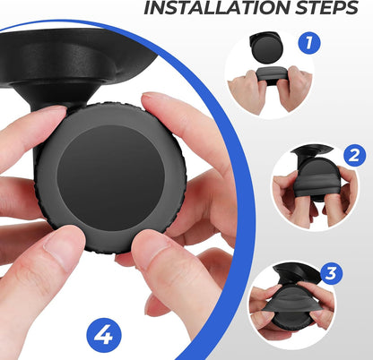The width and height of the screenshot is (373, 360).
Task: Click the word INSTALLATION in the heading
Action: pyautogui.click(x=217, y=7)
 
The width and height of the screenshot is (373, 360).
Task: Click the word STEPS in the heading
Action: pyautogui.click(x=326, y=7)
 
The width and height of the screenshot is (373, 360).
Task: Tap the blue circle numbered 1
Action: pyautogui.click(x=309, y=43)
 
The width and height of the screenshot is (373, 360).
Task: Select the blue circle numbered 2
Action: pyautogui.click(x=354, y=155)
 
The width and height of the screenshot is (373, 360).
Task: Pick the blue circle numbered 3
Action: pyautogui.click(x=332, y=273)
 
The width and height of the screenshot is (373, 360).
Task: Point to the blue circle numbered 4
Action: pyautogui.click(x=104, y=335)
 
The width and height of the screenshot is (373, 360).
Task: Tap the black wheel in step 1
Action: pyautogui.click(x=266, y=47)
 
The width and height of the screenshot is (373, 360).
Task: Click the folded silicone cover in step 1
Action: pyautogui.click(x=273, y=76)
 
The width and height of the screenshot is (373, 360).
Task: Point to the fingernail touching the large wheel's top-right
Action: pyautogui.click(x=154, y=96)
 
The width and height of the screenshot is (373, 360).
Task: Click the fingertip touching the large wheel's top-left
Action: pyautogui.click(x=56, y=112)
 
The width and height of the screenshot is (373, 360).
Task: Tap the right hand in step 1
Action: pyautogui.click(x=296, y=87)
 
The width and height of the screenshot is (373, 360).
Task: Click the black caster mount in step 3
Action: pyautogui.click(x=296, y=273)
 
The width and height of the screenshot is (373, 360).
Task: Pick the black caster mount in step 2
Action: pyautogui.click(x=311, y=153)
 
